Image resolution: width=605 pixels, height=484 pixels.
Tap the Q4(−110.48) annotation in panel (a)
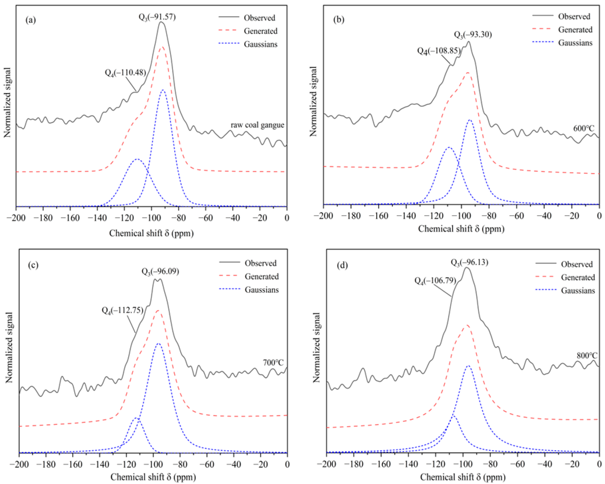click(x=125, y=73)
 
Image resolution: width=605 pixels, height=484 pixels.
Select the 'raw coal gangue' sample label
click(x=257, y=125)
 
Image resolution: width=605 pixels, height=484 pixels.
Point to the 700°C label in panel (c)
click(x=273, y=363)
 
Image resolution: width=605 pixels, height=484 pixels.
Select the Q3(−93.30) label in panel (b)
click(x=473, y=35)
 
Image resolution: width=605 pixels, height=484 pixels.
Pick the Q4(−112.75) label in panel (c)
click(x=122, y=310)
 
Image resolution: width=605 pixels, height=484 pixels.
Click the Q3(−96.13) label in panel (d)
click(x=469, y=262)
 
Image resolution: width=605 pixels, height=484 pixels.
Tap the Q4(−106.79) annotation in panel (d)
click(x=435, y=280)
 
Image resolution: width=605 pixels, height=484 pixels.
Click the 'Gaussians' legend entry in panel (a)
click(x=260, y=44)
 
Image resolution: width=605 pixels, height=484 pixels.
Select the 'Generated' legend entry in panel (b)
click(x=575, y=30)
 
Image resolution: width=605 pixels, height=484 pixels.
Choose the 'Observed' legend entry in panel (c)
click(x=260, y=263)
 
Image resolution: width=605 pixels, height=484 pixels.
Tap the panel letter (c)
click(x=33, y=265)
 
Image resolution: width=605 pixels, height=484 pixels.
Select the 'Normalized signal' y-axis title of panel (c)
click(x=9, y=347)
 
